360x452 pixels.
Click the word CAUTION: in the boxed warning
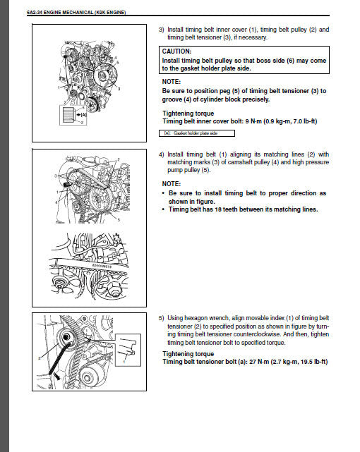tap(177, 52)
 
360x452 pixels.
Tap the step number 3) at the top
tap(162, 30)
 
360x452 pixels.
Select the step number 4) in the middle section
tap(162, 154)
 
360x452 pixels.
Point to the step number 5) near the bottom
tap(162, 319)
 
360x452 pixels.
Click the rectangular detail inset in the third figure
tap(125, 350)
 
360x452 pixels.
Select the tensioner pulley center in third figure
tap(66, 337)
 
